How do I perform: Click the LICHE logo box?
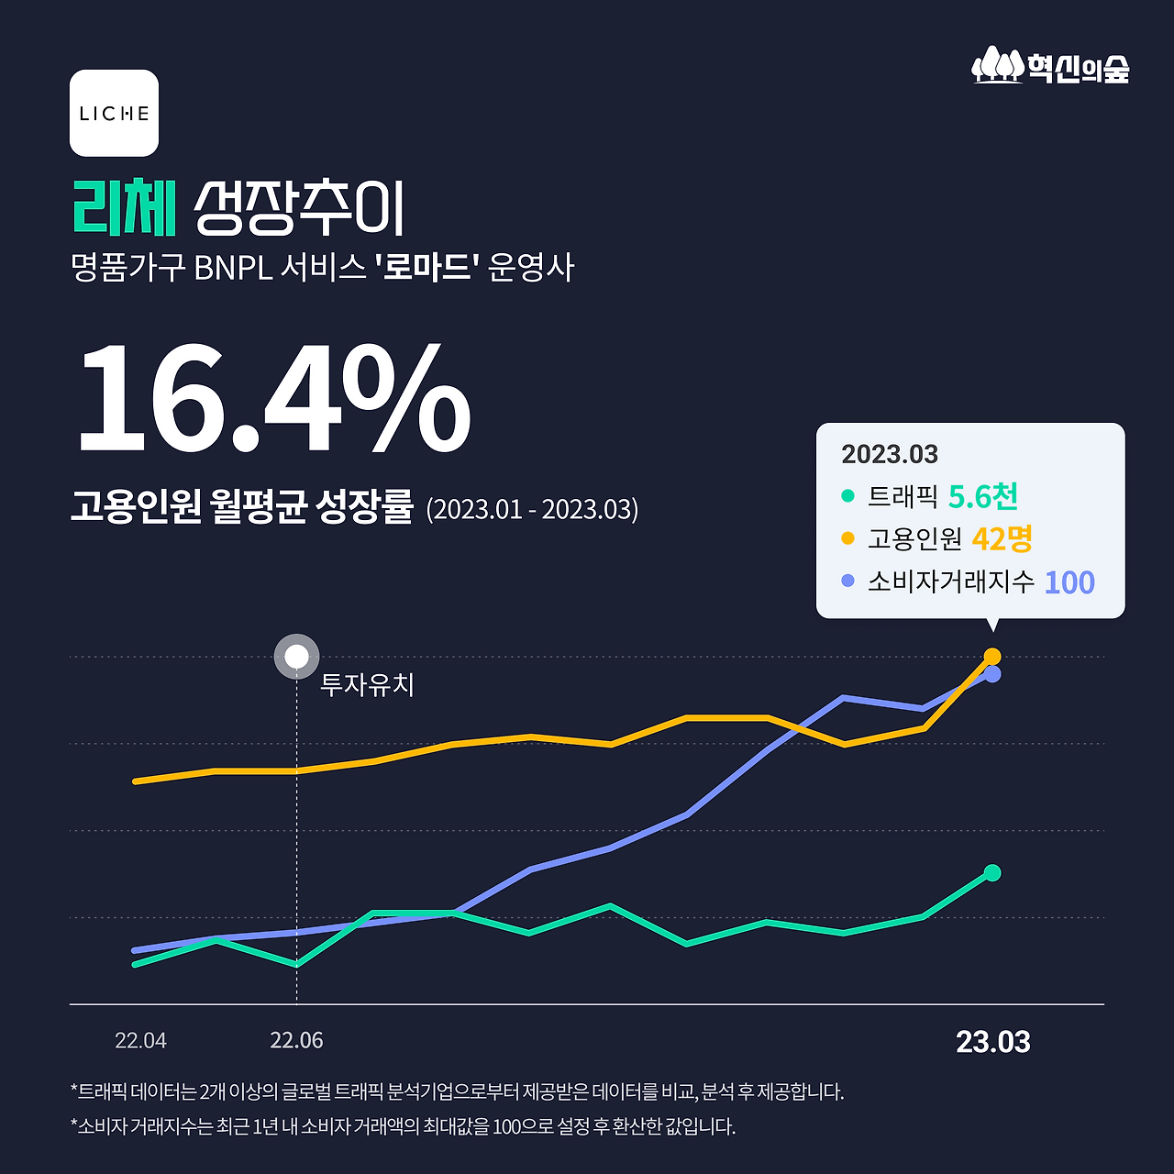(114, 113)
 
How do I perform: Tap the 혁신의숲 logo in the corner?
(1051, 66)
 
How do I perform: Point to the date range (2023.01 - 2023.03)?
(532, 509)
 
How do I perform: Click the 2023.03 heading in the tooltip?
(890, 454)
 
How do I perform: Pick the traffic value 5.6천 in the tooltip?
(982, 497)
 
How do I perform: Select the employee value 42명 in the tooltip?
(1002, 539)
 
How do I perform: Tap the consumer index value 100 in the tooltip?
(1069, 582)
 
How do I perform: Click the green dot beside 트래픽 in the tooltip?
(847, 496)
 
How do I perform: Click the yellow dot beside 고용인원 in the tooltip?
(847, 538)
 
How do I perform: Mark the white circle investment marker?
(296, 657)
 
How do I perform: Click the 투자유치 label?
(367, 685)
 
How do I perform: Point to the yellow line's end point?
(991, 657)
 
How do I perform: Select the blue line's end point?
(991, 674)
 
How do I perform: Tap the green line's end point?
(991, 872)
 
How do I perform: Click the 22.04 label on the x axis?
(140, 1041)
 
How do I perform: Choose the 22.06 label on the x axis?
(296, 1041)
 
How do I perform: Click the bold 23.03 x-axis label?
(992, 1043)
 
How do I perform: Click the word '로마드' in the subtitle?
(427, 268)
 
